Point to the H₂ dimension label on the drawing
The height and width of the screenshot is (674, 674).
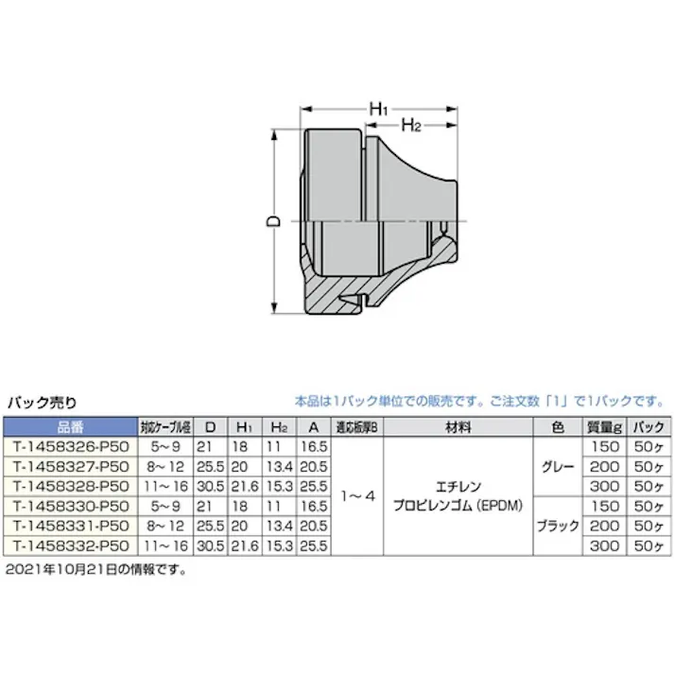(x=410, y=125)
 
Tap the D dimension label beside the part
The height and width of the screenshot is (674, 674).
(x=269, y=221)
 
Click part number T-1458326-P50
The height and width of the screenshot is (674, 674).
(x=70, y=445)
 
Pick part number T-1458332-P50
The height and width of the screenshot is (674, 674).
(x=70, y=546)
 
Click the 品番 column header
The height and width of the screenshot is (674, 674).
(x=70, y=427)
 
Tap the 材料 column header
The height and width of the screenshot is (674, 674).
(x=458, y=427)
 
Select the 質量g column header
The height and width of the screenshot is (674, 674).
(x=600, y=427)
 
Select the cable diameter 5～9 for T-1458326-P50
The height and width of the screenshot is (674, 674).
(x=164, y=445)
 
